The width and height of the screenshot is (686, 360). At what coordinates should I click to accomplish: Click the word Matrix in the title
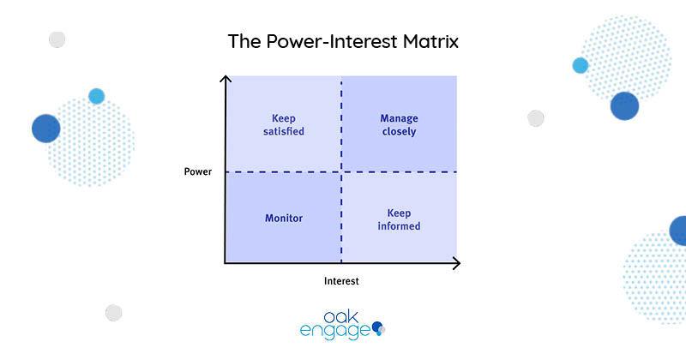click(430, 41)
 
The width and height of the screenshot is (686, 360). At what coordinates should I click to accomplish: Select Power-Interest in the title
click(332, 41)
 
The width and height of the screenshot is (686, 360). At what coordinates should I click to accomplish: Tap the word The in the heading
click(244, 41)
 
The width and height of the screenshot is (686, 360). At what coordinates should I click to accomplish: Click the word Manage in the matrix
click(399, 118)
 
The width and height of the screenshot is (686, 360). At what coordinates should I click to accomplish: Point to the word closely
click(399, 131)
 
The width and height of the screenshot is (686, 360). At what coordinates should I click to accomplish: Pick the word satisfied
click(284, 131)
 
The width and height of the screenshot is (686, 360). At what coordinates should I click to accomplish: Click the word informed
click(399, 225)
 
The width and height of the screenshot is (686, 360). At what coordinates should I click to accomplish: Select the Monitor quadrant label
click(284, 218)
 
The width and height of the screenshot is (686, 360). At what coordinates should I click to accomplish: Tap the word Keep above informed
click(399, 213)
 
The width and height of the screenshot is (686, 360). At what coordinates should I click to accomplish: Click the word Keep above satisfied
click(284, 118)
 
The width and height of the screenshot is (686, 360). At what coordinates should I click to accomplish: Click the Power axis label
click(198, 171)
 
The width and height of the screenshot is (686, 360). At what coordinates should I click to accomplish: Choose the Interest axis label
click(341, 281)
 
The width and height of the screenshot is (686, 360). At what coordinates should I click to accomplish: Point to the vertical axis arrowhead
click(226, 78)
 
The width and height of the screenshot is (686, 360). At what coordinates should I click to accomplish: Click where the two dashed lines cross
click(341, 172)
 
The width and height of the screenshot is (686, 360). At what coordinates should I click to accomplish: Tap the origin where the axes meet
click(226, 263)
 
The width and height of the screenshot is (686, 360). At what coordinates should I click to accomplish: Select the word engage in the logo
click(335, 331)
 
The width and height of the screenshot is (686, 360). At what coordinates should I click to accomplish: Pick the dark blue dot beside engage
click(376, 327)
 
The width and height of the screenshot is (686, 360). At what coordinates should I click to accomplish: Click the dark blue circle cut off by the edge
click(678, 231)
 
